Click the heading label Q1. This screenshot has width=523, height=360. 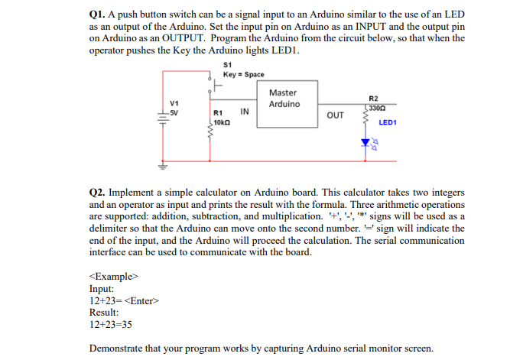99,15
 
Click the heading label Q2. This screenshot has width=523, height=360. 99,195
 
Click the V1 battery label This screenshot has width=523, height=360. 174,104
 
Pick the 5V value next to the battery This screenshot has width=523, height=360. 174,112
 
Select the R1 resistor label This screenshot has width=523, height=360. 218,113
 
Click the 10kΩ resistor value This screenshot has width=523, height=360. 223,122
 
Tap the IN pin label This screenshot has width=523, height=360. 245,112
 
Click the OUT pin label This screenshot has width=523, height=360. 335,116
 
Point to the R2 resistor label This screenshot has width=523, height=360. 372,99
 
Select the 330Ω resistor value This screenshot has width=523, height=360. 376,108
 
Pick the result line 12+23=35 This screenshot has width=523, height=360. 111,325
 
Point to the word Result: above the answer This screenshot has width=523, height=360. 104,313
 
